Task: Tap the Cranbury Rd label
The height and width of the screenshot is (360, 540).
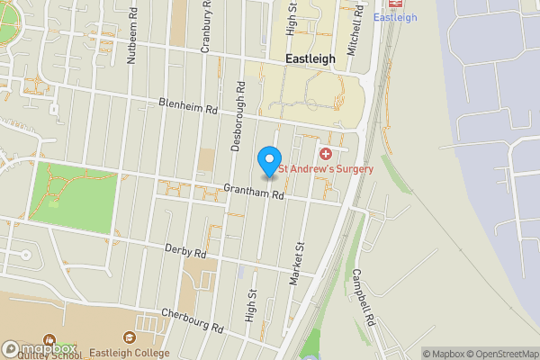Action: [x=206, y=27]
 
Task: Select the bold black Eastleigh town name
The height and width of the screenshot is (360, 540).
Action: [x=310, y=58]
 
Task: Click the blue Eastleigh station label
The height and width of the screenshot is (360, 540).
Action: [x=394, y=18]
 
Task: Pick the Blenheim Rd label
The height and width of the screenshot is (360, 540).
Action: [x=189, y=106]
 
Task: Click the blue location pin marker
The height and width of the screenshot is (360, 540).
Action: [x=268, y=161]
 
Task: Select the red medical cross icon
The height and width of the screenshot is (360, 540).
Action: [x=326, y=156]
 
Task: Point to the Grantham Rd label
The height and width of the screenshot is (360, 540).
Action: [x=255, y=192]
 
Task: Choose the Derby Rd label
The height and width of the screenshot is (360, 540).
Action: [x=186, y=251]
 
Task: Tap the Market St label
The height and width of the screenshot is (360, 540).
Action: [x=297, y=264]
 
